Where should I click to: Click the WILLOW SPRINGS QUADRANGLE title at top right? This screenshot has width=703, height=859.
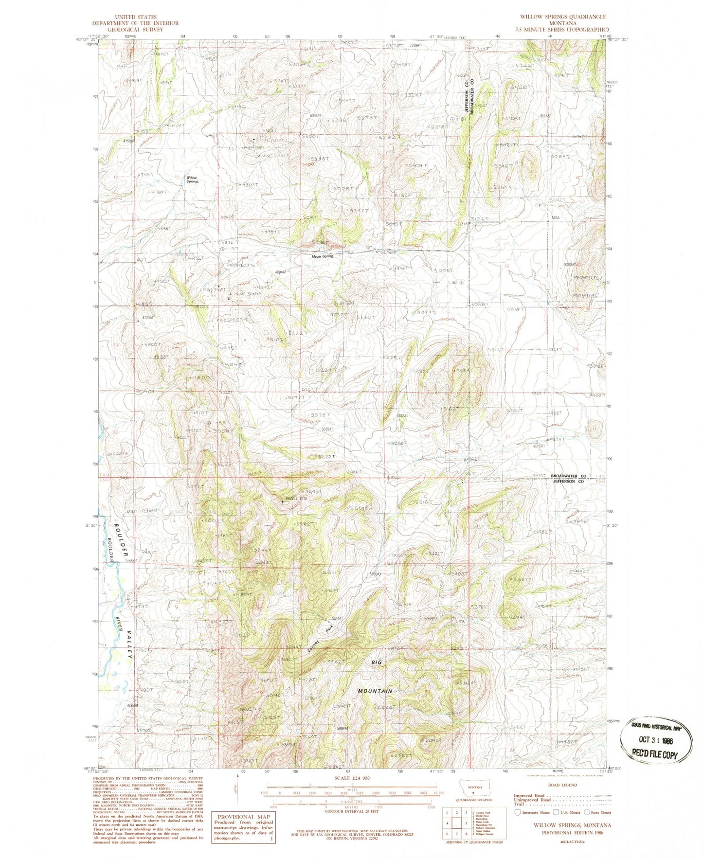point(563,17)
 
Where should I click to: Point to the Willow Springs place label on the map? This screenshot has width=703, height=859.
point(193,179)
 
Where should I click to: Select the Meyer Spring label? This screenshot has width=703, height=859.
point(323,256)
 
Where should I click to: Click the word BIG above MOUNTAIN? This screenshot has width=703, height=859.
point(377,662)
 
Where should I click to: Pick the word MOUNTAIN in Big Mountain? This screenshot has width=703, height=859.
point(375,691)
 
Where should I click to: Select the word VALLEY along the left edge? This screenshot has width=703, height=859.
point(129,645)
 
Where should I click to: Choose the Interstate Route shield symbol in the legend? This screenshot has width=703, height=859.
point(517,812)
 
